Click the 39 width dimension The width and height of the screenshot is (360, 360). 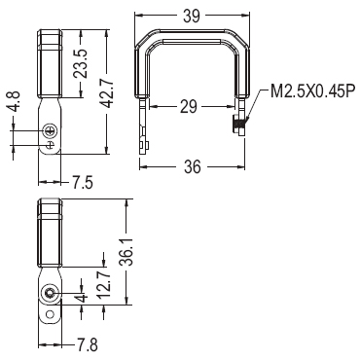click(x=192, y=17)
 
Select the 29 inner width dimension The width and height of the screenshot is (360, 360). click(x=189, y=106)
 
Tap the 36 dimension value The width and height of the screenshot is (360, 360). click(x=193, y=166)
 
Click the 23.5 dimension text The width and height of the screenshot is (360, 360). click(x=80, y=63)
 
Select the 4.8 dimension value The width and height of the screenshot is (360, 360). click(x=15, y=101)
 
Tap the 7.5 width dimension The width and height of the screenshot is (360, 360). click(x=83, y=183)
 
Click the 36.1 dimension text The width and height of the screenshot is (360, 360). click(x=126, y=252)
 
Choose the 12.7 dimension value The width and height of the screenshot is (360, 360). click(x=104, y=285)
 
